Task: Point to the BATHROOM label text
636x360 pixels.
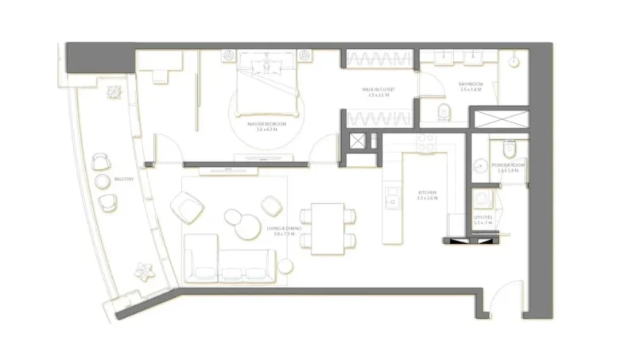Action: click(x=471, y=85)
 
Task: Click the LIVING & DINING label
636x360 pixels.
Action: click(x=287, y=230)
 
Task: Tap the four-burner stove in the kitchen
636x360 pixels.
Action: click(x=427, y=144)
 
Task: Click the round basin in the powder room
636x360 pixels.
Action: click(x=480, y=167)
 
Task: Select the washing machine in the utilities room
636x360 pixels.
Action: click(x=483, y=199)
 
